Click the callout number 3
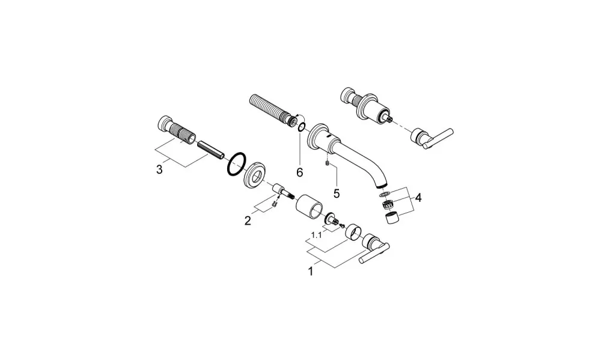[x=159, y=169]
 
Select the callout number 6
[x=300, y=172]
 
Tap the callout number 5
[x=337, y=194]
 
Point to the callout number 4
[x=418, y=198]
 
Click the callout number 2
[x=248, y=221]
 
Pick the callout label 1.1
[x=316, y=235]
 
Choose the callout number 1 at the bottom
[x=311, y=272]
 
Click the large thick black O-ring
[x=236, y=164]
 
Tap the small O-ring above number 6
[x=302, y=127]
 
